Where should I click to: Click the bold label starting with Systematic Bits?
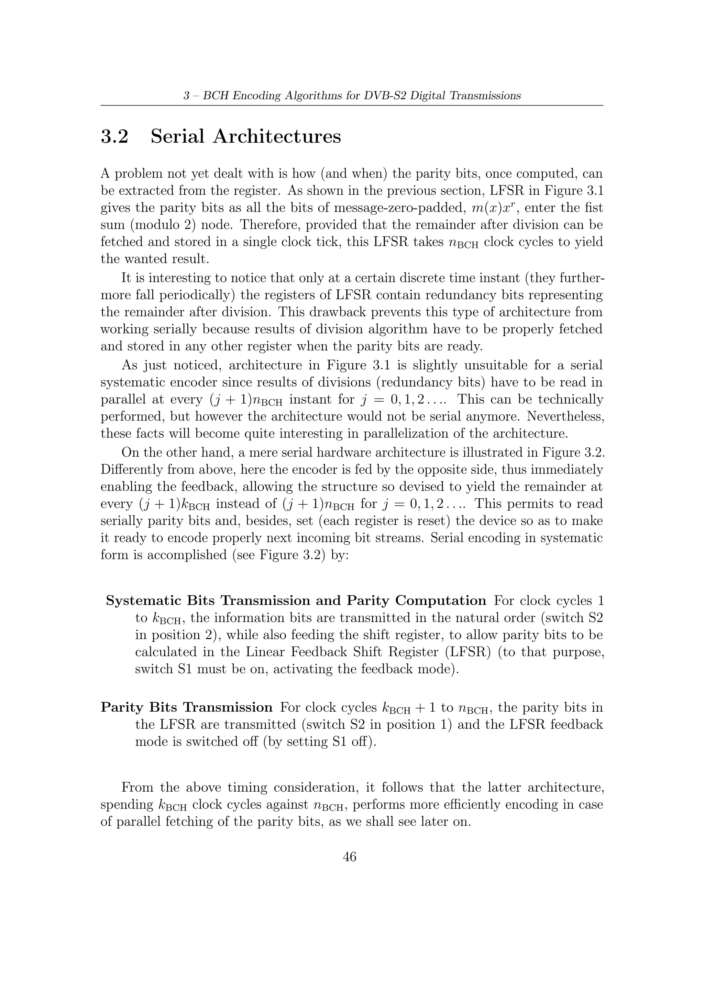pyautogui.click(x=296, y=601)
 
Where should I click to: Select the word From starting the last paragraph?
pyautogui.click(x=137, y=787)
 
